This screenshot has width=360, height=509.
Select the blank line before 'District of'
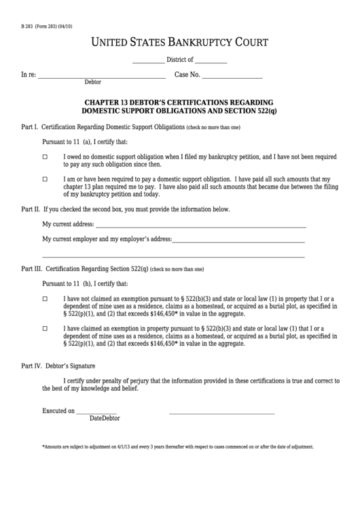148,61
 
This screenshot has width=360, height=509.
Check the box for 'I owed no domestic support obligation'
46,157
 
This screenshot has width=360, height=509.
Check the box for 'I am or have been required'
46,180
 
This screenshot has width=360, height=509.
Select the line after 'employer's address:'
238,241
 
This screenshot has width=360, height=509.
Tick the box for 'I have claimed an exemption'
46,328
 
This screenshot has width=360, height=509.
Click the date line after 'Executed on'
96,413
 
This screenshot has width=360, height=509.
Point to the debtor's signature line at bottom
221,413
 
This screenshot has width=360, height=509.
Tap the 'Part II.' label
31,209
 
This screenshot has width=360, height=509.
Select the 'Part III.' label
32,269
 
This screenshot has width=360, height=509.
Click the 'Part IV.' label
32,366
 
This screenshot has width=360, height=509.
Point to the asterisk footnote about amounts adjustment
177,447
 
